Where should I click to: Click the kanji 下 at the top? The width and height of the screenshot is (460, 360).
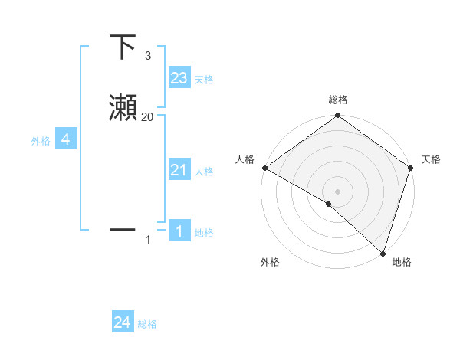[x=123, y=47]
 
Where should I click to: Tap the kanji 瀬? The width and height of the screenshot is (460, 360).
[x=123, y=107]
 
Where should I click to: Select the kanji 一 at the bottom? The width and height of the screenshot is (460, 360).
[x=123, y=229]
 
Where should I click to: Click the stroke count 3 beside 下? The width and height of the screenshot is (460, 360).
[x=147, y=56]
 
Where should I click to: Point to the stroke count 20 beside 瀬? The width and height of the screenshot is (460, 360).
[x=147, y=116]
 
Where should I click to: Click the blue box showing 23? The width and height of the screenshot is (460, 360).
[x=179, y=78]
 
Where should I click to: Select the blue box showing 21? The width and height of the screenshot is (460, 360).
[x=179, y=170]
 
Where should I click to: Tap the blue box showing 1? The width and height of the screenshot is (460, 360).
[x=179, y=231]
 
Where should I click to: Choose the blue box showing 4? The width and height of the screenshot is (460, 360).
[x=66, y=139]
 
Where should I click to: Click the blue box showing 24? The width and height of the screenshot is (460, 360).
[x=123, y=322]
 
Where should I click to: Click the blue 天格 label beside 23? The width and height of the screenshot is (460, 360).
[x=204, y=80]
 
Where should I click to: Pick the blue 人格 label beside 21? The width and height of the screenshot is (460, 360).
[x=204, y=172]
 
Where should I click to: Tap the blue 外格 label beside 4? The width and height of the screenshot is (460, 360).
[x=41, y=141]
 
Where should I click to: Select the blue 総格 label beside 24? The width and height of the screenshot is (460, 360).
[x=147, y=324]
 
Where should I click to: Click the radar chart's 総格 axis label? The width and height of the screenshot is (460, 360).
[x=337, y=100]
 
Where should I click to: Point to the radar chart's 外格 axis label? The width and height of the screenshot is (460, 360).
[x=270, y=262]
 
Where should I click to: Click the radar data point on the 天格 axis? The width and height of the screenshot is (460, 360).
[x=411, y=168]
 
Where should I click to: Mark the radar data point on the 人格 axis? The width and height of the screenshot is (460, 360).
[x=264, y=168]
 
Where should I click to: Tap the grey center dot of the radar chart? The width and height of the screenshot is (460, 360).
[x=337, y=191]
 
